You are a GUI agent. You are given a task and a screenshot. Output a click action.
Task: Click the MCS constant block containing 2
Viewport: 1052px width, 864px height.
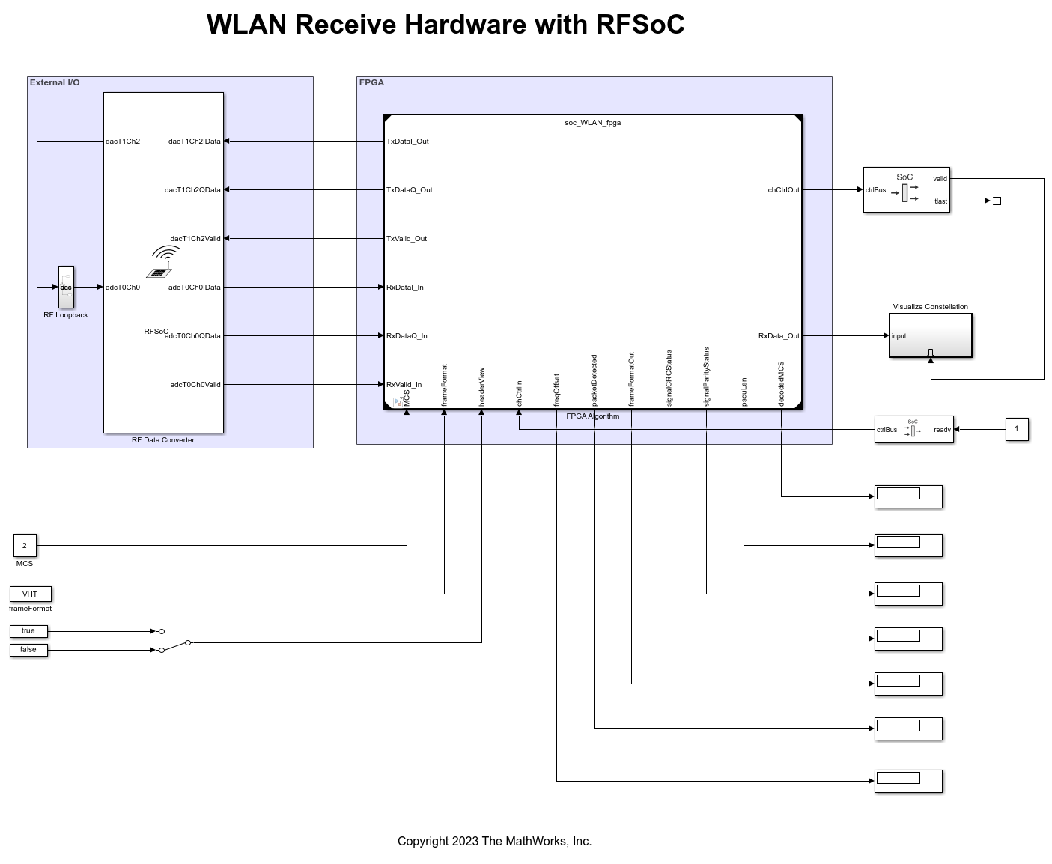point(25,545)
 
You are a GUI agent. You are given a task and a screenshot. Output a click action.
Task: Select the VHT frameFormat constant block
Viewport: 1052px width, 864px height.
point(30,594)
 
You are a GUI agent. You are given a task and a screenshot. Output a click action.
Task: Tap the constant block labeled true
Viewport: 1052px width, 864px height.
point(28,631)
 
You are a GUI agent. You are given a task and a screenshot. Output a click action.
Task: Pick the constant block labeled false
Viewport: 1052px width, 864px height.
point(28,650)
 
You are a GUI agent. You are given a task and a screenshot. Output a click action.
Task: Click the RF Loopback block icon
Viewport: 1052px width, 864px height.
point(66,287)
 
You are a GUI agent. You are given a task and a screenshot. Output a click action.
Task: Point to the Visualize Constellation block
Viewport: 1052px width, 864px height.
point(930,335)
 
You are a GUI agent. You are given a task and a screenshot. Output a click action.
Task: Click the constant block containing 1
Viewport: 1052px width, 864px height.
point(1016,429)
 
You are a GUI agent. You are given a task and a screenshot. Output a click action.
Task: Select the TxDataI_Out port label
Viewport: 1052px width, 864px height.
point(407,142)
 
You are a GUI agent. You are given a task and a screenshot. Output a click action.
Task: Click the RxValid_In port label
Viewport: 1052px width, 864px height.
point(404,385)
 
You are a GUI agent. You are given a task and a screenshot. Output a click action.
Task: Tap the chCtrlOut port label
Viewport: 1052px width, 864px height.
point(783,190)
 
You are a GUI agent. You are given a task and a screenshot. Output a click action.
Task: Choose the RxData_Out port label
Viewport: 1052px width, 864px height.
point(779,336)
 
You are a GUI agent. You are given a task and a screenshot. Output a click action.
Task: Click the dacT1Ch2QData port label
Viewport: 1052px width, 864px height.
point(192,190)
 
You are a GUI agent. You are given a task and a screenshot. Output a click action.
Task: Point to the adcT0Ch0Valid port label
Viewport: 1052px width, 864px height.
point(195,385)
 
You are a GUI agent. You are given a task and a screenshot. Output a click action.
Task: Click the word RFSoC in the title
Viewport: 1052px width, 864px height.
point(640,25)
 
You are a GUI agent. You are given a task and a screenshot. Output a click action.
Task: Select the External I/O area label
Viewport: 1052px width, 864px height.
point(55,82)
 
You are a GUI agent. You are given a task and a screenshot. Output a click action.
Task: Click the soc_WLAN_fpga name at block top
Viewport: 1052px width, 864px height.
point(592,123)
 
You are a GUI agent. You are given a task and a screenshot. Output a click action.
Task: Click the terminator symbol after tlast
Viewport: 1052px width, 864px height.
point(996,201)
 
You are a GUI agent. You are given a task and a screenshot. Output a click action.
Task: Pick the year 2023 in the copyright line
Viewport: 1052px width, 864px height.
point(465,842)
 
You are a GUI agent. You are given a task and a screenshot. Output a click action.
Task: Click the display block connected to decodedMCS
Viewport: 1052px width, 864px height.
point(908,496)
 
